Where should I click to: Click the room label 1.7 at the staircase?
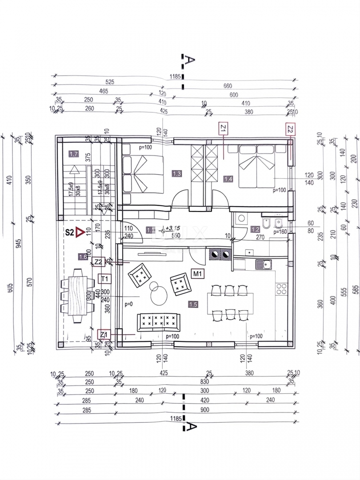tap(74, 155)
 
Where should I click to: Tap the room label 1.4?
tap(228, 179)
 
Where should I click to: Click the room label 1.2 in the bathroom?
tap(255, 230)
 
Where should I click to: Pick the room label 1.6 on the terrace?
tap(83, 256)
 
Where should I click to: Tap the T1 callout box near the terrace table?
tap(104, 279)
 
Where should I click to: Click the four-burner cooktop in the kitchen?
tap(281, 289)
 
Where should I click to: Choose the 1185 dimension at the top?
tap(175, 76)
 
